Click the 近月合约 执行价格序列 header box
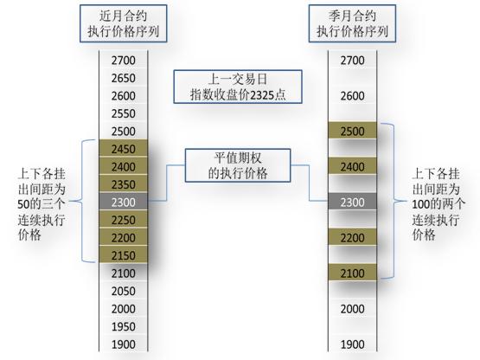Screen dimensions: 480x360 pos(124,23)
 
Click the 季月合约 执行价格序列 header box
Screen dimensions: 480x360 pos(352,23)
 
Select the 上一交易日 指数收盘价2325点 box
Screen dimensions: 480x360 pos(238,87)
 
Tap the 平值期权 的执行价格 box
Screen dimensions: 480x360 pos(238,165)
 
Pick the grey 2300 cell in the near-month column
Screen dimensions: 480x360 pos(124,202)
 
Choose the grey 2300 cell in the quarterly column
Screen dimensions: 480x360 pos(352,202)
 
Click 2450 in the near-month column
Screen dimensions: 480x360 pos(124,149)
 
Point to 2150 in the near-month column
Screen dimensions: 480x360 pos(124,255)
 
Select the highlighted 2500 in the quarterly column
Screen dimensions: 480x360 pos(352,132)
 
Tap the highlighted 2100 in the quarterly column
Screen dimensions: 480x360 pos(352,273)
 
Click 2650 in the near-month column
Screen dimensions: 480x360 pos(124,78)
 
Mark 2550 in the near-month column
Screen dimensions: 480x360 pos(124,113)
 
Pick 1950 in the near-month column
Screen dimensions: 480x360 pos(124,326)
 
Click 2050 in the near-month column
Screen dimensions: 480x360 pos(124,291)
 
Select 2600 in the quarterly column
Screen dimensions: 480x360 pos(352,96)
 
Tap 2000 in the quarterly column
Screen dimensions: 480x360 pos(352,309)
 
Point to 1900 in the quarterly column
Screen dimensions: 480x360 pos(352,344)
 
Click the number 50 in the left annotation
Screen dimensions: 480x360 pos(23,204)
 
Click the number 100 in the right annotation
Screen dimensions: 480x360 pos(420,204)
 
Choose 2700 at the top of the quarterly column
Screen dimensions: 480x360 pos(352,61)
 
